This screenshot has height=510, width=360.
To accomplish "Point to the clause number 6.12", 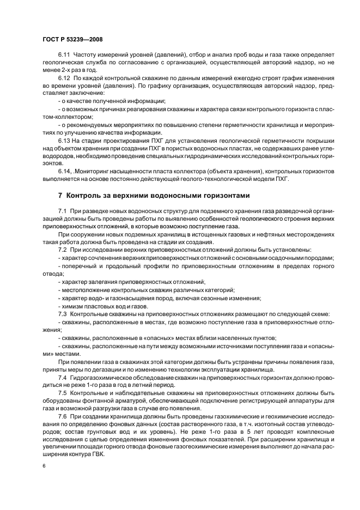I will [64, 79].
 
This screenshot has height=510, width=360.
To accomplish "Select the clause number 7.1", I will [62, 211].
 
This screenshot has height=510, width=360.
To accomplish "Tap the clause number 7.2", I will [62, 249].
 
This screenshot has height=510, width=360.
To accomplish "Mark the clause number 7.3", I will [62, 314].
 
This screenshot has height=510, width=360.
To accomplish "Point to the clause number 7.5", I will [62, 393].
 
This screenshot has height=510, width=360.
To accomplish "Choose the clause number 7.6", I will [62, 416].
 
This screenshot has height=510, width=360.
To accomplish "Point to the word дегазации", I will [109, 369].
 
